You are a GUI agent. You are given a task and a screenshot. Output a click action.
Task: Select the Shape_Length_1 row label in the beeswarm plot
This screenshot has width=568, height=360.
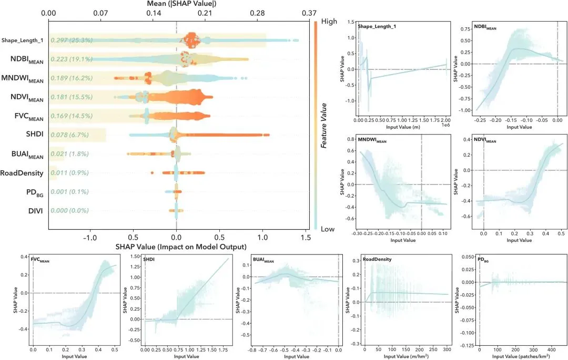(x=23, y=40)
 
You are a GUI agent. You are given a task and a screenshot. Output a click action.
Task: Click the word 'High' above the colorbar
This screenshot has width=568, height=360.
(x=329, y=22)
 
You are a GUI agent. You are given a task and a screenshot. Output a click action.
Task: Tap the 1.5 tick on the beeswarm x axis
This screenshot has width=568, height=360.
(x=305, y=237)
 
